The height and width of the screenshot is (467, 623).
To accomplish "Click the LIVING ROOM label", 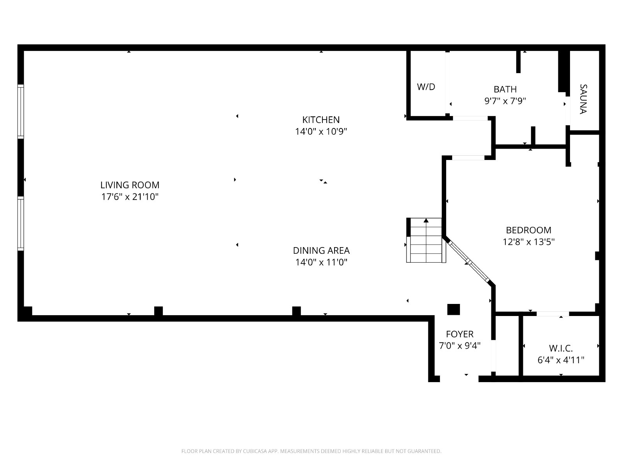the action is pyautogui.click(x=130, y=185).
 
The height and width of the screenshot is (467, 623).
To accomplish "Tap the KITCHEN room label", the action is pyautogui.click(x=321, y=119).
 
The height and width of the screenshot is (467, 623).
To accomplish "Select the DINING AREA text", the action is pyautogui.click(x=321, y=250).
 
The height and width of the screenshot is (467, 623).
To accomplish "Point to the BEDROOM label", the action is pyautogui.click(x=528, y=230).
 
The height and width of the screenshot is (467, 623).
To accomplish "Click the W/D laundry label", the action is pyautogui.click(x=426, y=87).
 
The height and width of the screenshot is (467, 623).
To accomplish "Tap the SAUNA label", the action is pyautogui.click(x=583, y=99).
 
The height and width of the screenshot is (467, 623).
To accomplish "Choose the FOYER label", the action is pyautogui.click(x=459, y=334).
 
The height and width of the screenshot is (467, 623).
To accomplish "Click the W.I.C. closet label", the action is pyautogui.click(x=561, y=348).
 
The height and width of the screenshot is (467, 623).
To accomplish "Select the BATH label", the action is pyautogui.click(x=505, y=90).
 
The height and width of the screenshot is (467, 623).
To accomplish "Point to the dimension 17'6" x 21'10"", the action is pyautogui.click(x=130, y=197).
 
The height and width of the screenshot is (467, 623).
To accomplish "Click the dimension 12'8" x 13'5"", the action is pyautogui.click(x=528, y=242).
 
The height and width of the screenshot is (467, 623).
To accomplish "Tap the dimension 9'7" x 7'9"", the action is pyautogui.click(x=505, y=101).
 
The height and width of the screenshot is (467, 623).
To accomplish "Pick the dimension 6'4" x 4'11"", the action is pyautogui.click(x=561, y=360).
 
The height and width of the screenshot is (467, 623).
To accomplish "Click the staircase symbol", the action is pyautogui.click(x=426, y=240).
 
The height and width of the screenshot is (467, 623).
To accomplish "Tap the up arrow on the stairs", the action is pyautogui.click(x=426, y=220).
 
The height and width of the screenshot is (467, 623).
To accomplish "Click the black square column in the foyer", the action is pyautogui.click(x=453, y=309).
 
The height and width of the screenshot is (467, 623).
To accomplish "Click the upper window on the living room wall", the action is pyautogui.click(x=21, y=111).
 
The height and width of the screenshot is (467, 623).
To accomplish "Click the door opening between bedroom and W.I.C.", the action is pyautogui.click(x=552, y=314).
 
